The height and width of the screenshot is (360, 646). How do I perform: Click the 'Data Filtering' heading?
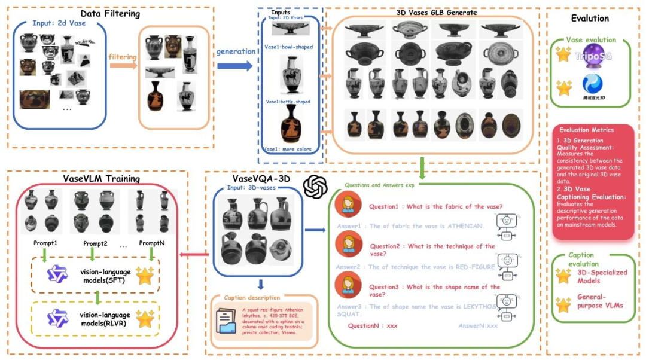110,13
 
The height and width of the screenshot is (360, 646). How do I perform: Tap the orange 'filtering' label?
123,57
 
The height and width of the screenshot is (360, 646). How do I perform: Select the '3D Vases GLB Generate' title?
436,12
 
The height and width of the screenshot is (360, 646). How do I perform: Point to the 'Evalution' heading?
590,19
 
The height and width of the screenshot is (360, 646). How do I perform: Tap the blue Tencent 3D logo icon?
592,83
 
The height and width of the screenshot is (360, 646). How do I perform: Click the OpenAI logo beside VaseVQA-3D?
315,187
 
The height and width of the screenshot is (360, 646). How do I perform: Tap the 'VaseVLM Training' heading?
101,178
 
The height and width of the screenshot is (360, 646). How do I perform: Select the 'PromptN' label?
153,243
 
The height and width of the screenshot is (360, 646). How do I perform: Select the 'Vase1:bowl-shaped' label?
289,47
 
